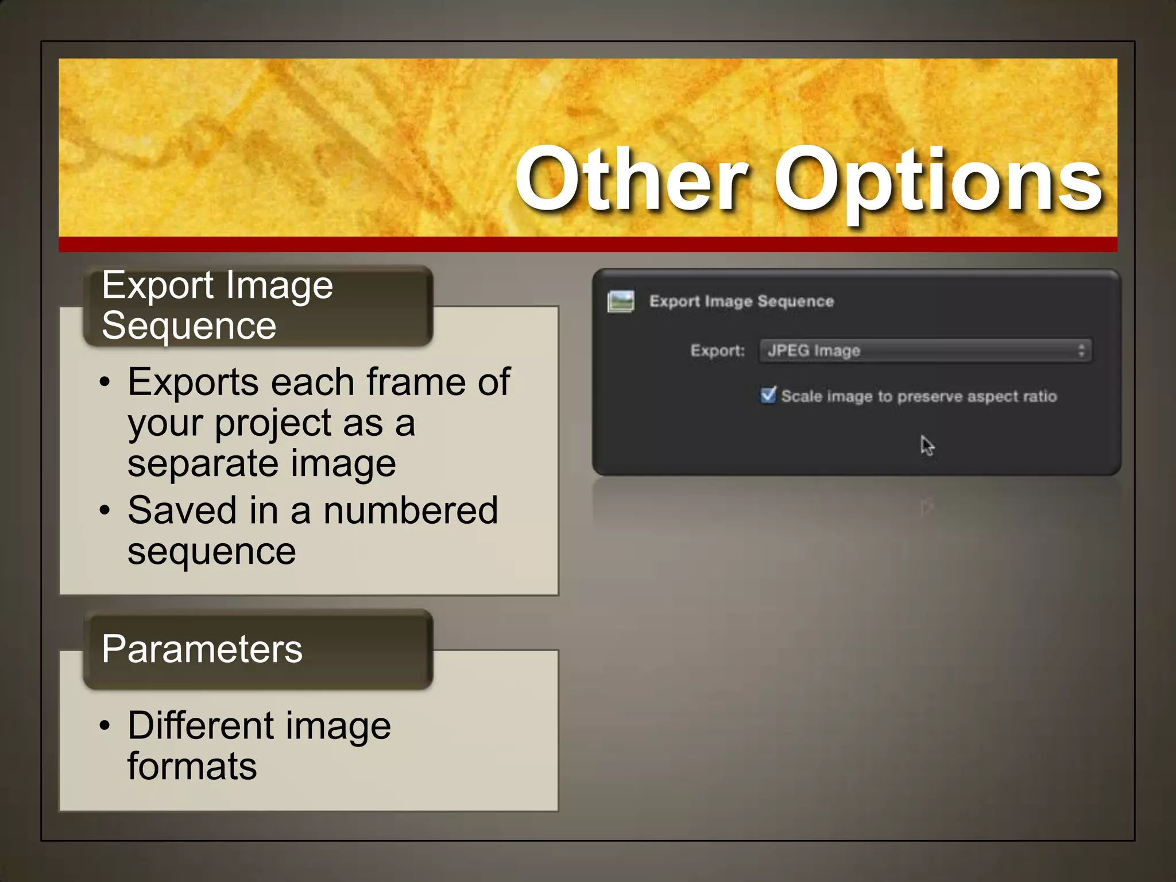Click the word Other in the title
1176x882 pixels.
(632, 179)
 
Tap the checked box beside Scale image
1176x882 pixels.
(768, 395)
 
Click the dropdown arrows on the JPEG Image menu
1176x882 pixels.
(1081, 350)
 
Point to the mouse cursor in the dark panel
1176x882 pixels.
(926, 445)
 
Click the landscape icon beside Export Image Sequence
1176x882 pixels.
(621, 301)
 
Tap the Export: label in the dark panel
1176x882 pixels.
(717, 350)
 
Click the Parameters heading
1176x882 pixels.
(202, 649)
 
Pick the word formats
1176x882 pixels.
(192, 767)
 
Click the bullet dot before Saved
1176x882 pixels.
(104, 510)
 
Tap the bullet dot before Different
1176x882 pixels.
(104, 725)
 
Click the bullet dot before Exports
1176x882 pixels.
(104, 382)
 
